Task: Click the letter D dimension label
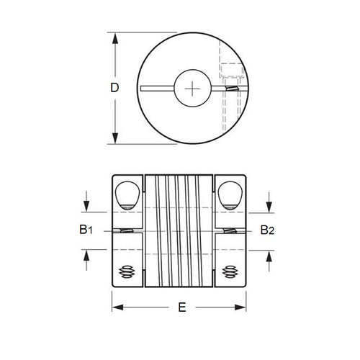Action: (114, 88)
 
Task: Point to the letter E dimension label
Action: (181, 307)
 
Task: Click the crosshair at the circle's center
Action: (195, 88)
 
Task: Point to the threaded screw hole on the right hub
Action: (231, 271)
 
